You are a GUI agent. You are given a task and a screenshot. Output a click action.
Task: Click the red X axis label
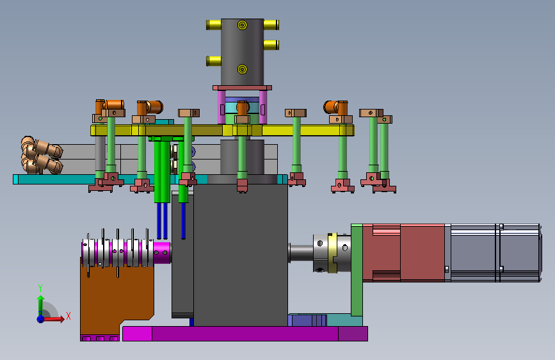(x=68, y=316)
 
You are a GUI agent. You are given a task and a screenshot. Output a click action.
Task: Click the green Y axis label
(x=40, y=288)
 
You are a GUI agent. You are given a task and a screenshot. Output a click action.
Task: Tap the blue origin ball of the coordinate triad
(x=41, y=319)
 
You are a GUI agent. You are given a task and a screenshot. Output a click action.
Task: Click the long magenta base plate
(x=245, y=334)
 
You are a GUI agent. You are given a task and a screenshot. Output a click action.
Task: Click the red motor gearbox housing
(x=403, y=252)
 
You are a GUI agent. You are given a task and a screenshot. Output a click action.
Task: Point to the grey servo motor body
(x=493, y=252)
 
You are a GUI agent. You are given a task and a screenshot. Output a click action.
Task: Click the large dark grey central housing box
(x=240, y=255)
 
